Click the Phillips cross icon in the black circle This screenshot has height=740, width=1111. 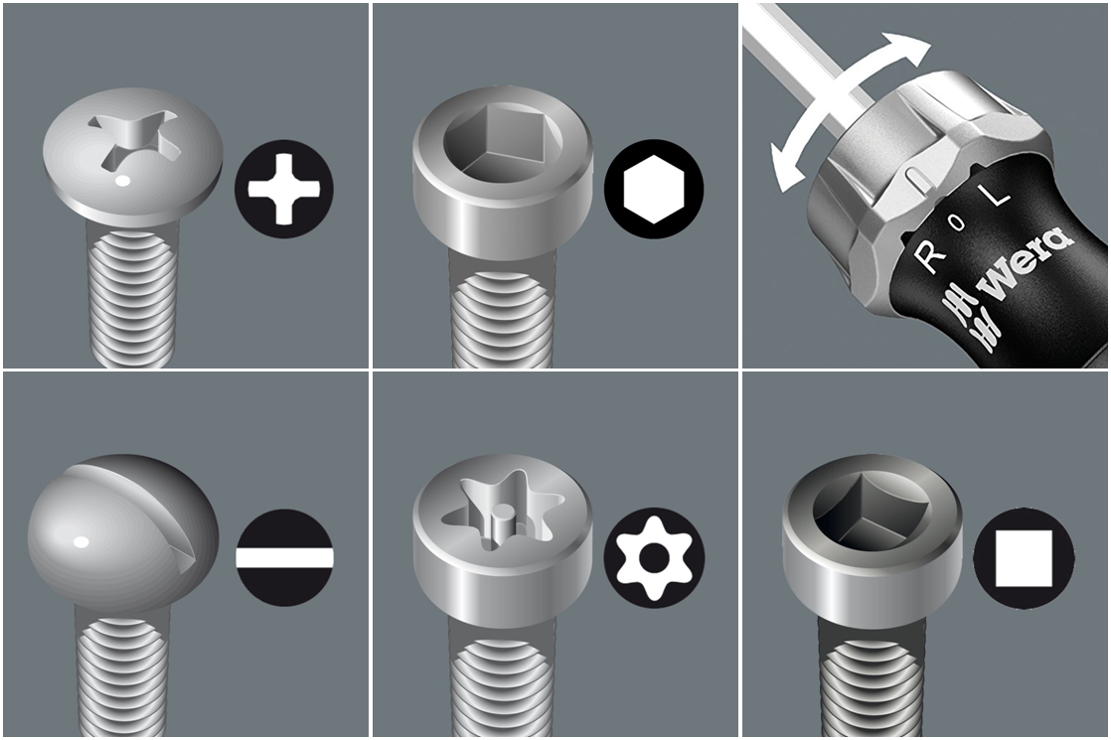[283, 189]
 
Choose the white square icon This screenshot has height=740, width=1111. [1024, 558]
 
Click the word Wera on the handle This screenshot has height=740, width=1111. [1024, 261]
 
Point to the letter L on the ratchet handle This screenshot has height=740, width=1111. [993, 191]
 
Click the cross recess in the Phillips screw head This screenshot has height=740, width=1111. [133, 139]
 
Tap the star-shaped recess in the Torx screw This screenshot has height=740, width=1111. [505, 515]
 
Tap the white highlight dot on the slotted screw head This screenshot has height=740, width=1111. [81, 542]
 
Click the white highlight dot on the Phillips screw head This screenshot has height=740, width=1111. [122, 182]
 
